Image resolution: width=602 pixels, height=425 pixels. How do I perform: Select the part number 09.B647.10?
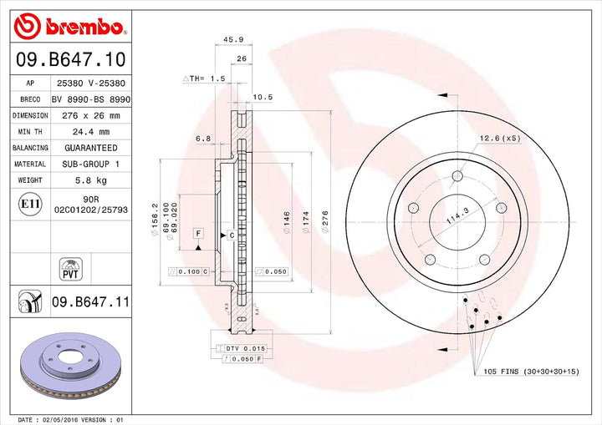70,59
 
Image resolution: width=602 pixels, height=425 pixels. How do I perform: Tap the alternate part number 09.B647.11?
90,301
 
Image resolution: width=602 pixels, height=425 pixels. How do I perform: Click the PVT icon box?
70,269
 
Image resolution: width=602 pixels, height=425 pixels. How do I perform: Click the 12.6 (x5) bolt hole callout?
499,138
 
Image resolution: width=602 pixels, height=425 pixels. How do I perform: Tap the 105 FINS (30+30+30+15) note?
532,371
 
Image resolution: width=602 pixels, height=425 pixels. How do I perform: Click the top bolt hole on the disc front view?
457,175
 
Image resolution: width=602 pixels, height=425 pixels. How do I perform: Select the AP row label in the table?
29,83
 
